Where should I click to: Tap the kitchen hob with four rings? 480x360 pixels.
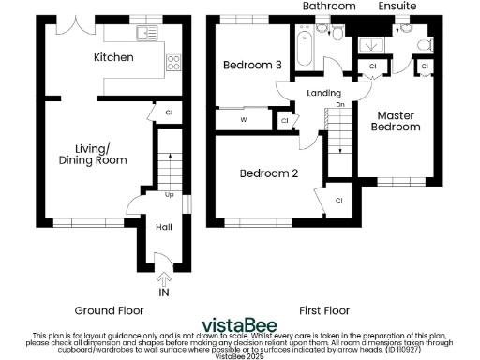173,64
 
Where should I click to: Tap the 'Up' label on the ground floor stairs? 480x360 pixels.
170,195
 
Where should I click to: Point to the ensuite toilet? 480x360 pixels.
424,43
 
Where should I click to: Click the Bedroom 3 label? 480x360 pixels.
252,65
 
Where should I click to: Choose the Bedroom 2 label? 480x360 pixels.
269,173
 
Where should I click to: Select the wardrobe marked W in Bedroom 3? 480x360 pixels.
244,120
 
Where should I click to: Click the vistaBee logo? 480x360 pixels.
239,322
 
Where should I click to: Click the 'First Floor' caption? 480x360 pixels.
323,310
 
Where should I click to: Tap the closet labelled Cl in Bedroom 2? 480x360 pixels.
337,200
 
